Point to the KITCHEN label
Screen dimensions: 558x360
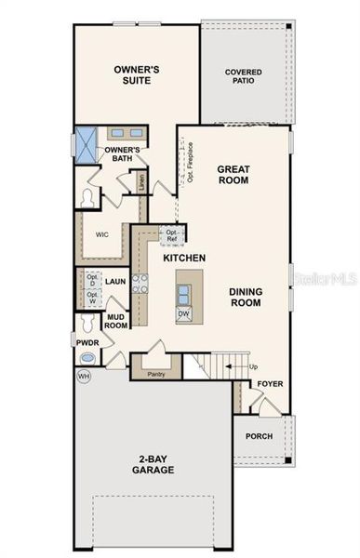(x=184, y=257)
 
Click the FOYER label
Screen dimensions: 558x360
(x=271, y=383)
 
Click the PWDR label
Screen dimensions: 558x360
(x=87, y=342)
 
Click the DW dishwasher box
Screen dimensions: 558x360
(x=185, y=313)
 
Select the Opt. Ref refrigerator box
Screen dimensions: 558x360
(x=173, y=233)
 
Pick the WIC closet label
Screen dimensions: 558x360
(x=102, y=234)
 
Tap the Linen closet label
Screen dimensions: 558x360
(x=141, y=181)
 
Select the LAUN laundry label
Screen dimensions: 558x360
(x=115, y=280)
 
